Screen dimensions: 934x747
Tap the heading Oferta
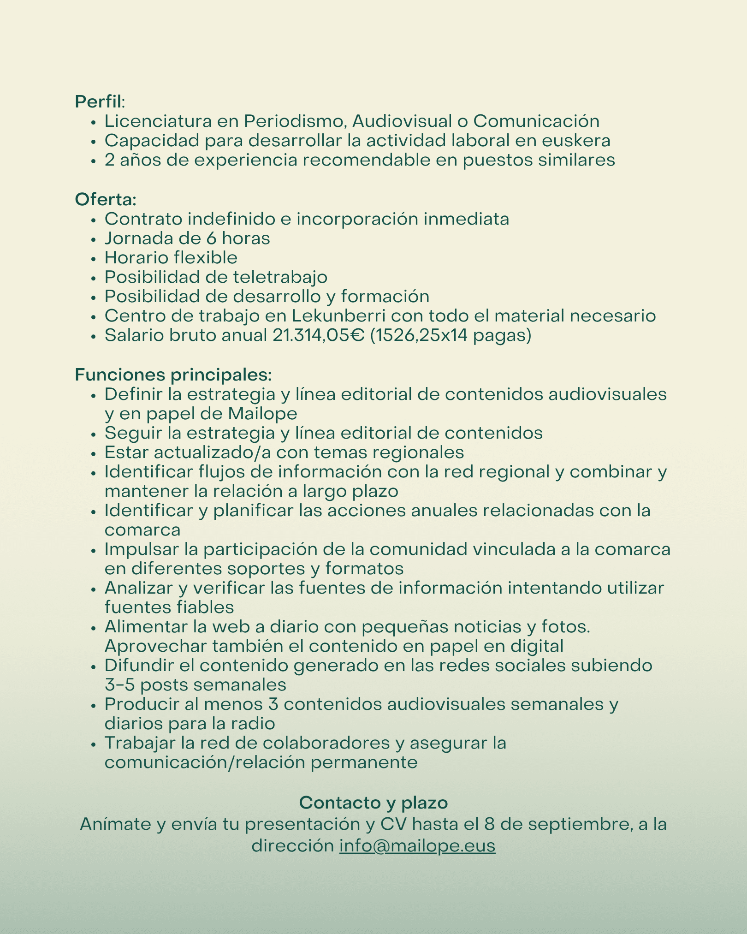(106, 199)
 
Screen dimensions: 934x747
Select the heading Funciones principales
(173, 375)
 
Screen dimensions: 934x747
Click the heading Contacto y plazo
(373, 803)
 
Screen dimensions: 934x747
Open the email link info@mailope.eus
(417, 845)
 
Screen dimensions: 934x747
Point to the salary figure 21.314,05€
(319, 335)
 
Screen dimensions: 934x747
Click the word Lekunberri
(339, 316)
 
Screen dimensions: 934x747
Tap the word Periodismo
(295, 121)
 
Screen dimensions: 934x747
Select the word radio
(255, 723)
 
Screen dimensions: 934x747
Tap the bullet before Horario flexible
(94, 259)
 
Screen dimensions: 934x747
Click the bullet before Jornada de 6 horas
(94, 239)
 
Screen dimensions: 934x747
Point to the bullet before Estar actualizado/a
(94, 453)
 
